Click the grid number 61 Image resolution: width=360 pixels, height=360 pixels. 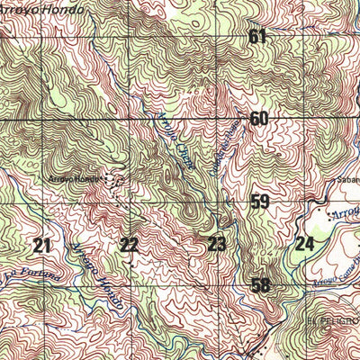point(259,37)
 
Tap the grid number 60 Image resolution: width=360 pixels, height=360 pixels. point(259,119)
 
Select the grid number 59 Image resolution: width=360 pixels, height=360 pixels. point(260,202)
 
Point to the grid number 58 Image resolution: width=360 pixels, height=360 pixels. point(260,286)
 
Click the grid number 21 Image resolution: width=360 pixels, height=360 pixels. point(41,245)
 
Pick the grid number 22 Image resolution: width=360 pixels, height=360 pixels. point(130,245)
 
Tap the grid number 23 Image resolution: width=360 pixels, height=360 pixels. point(217,243)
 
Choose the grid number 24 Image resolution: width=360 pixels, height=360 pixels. point(304,242)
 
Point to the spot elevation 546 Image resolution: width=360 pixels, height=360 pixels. point(189,91)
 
